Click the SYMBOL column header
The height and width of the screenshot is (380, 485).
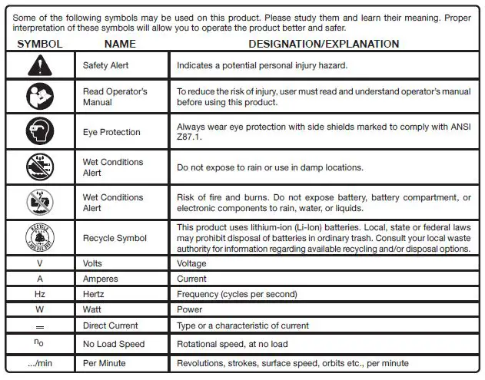pos(39,45)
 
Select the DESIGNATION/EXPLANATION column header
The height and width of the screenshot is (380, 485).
pos(324,45)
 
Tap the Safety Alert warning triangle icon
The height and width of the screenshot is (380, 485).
pos(39,65)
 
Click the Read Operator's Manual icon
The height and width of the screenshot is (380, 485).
pos(39,97)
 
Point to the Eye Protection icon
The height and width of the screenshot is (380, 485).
pos(39,132)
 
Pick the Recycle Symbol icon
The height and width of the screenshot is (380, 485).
pos(39,238)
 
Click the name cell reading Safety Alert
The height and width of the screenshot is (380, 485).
pos(106,66)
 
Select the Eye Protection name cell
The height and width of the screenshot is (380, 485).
pos(111,132)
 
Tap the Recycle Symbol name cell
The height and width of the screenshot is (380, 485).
pos(115,239)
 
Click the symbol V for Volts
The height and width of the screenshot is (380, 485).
pos(39,263)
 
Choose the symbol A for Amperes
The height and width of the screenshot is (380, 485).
pos(39,279)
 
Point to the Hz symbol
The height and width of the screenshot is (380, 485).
pos(39,294)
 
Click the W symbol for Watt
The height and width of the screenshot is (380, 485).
pos(39,309)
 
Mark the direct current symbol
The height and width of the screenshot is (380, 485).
pos(39,325)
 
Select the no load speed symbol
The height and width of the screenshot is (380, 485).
pos(39,343)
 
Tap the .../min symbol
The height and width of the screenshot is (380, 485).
pos(39,362)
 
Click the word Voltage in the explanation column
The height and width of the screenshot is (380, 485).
pos(191,263)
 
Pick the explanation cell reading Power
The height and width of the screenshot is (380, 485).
pos(189,309)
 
